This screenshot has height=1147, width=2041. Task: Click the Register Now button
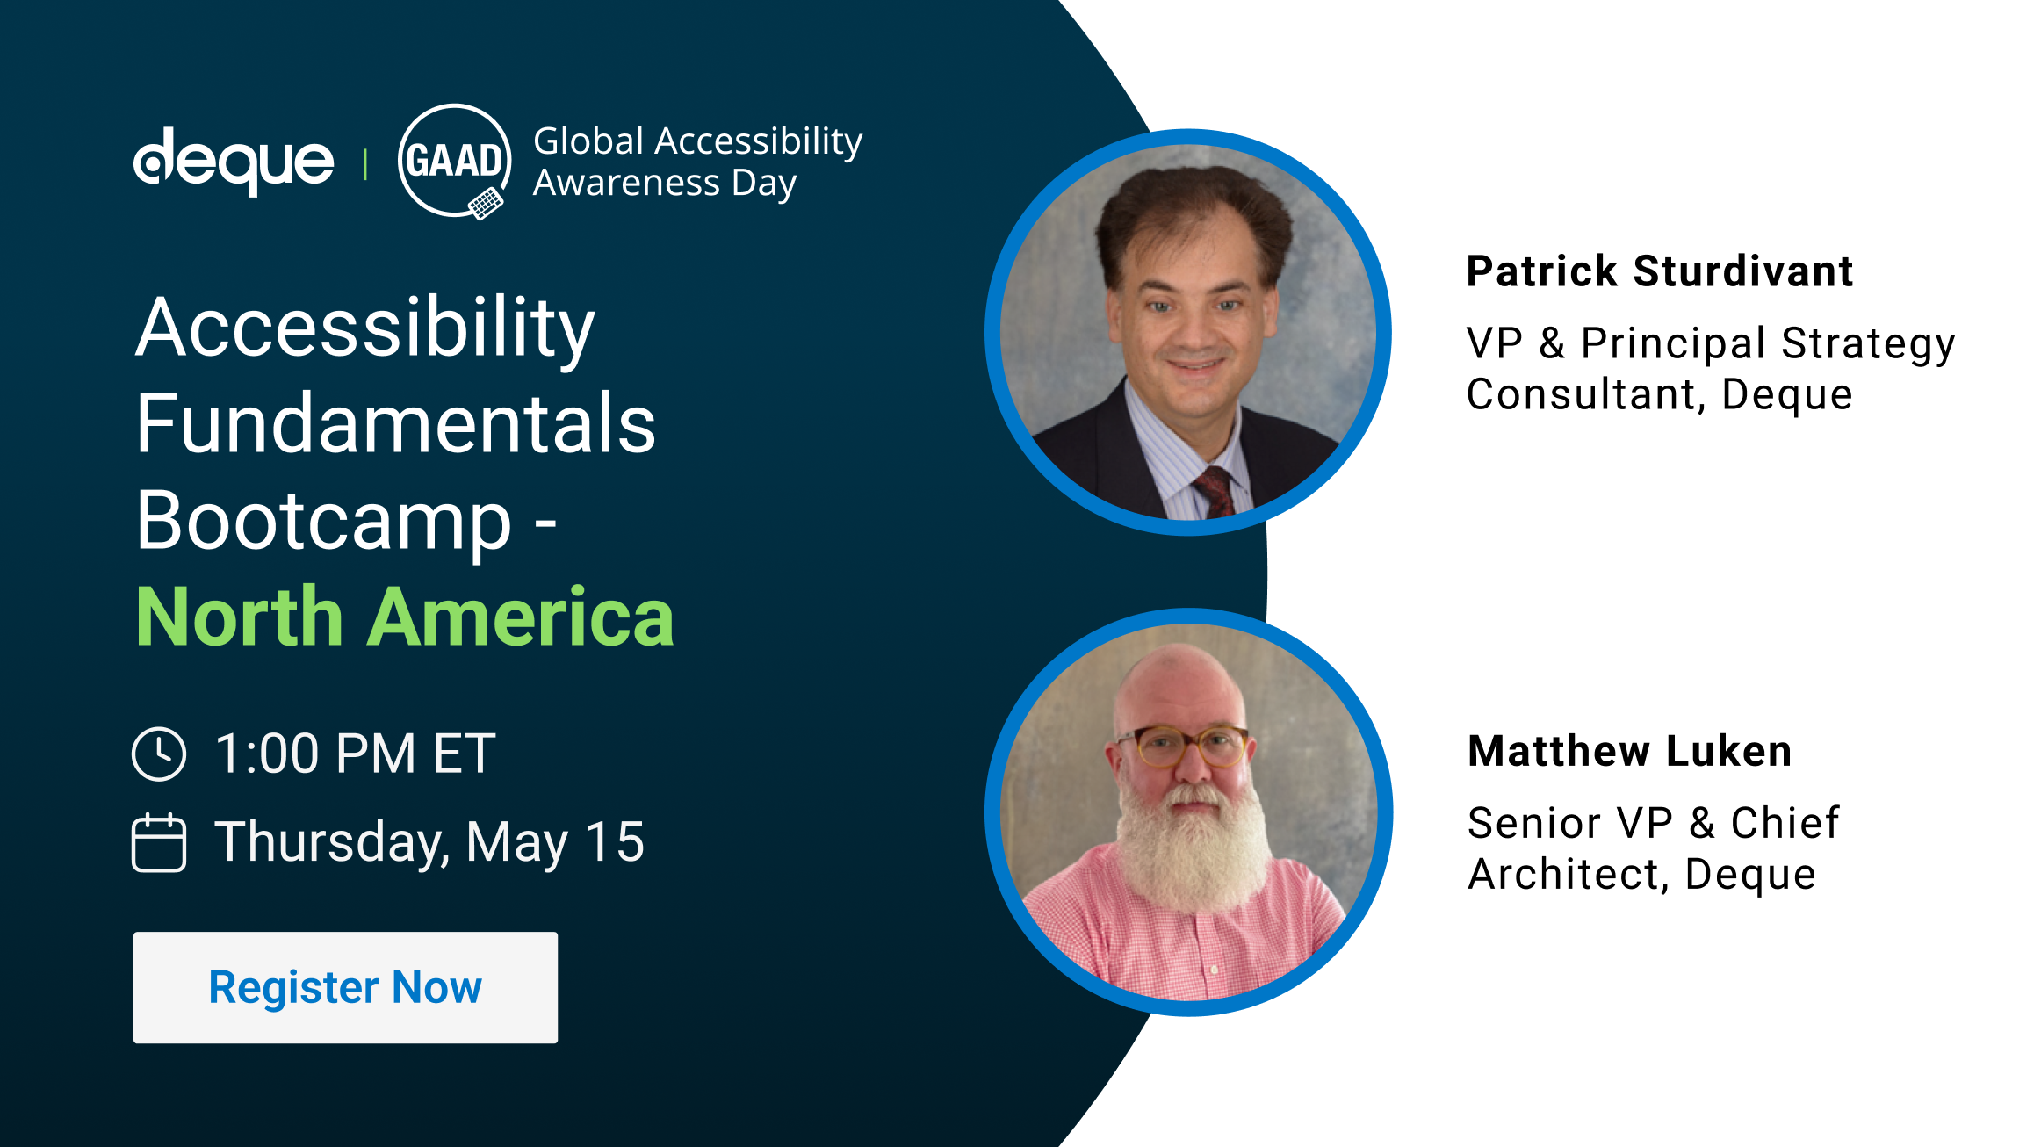click(345, 987)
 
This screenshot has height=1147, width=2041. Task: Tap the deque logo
click(234, 162)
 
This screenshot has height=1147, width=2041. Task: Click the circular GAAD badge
click(455, 162)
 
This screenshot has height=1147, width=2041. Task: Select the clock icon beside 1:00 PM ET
click(159, 754)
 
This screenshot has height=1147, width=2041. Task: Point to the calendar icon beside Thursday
click(159, 842)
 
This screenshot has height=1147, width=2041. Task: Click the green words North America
click(405, 617)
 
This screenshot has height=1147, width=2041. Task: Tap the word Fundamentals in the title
click(396, 423)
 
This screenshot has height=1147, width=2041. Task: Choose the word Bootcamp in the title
click(324, 522)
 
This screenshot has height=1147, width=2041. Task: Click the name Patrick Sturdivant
click(1660, 271)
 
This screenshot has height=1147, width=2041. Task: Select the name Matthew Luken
click(1630, 751)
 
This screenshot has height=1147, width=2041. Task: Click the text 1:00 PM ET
click(356, 754)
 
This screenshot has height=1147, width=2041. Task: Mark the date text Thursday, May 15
click(430, 842)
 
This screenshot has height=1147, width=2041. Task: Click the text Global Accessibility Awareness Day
click(698, 162)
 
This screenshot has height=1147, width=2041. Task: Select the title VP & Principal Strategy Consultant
click(1711, 368)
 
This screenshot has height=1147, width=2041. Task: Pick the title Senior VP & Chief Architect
click(1653, 848)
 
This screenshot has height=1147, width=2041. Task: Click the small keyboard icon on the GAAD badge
click(486, 205)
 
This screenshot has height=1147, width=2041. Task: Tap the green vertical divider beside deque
click(365, 164)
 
